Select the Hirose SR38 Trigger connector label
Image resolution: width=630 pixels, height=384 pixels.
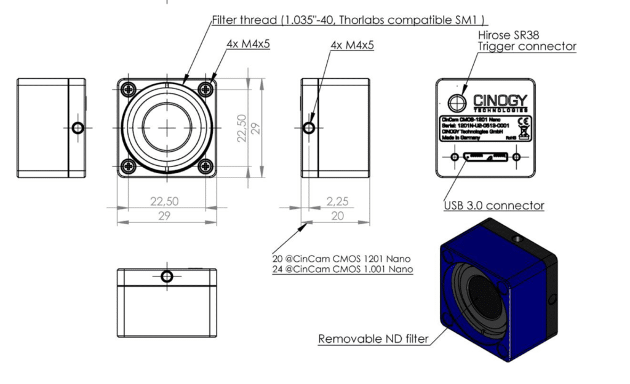pos(527,41)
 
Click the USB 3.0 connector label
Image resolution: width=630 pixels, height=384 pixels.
pos(493,205)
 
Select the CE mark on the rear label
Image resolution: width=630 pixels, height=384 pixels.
pos(524,120)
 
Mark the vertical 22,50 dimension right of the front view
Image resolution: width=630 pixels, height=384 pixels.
pos(242,127)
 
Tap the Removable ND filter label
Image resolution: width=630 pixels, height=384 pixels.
pos(373,339)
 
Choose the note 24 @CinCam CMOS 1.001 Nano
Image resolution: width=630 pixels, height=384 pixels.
pos(343,270)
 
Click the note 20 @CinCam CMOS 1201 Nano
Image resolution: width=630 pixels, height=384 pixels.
pos(341,259)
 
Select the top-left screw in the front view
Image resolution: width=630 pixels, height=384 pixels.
pos(129,89)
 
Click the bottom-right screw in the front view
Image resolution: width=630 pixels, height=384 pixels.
pos(205,165)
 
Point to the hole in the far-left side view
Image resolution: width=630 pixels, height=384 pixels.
pos(78,128)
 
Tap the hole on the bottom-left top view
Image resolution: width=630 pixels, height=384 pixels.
pos(167,276)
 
